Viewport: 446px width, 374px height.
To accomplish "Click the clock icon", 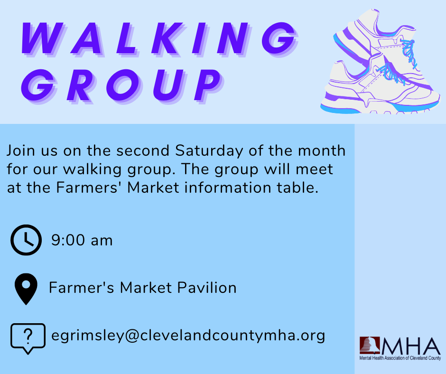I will point(26,240).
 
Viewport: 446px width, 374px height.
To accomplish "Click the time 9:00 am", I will point(82,241).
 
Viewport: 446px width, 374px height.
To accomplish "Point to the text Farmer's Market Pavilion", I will point(143,288).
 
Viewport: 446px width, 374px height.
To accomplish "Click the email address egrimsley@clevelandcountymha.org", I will point(188,336).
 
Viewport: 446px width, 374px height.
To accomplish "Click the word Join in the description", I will point(21,151).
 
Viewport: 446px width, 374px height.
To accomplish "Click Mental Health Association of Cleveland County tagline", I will point(400,359).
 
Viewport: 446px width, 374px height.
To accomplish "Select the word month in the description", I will point(325,151).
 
